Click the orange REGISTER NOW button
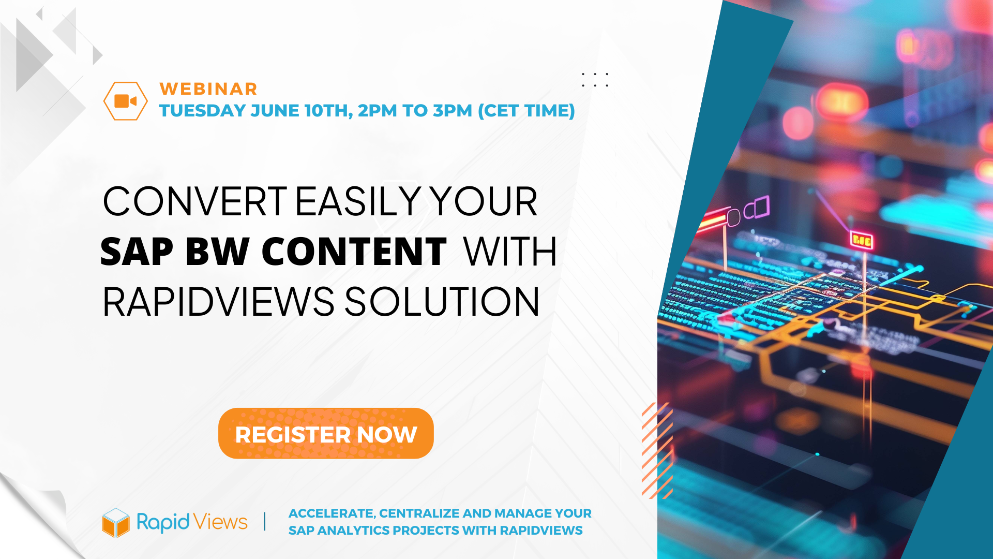tap(326, 433)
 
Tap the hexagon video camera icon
tap(126, 101)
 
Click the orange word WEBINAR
tap(208, 89)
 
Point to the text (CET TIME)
tap(526, 111)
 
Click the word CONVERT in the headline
tap(195, 201)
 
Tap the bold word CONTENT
tap(354, 252)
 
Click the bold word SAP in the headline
tap(137, 252)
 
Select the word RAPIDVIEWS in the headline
tap(219, 302)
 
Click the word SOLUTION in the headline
tap(442, 302)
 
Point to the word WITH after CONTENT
tap(510, 252)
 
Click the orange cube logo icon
tap(116, 522)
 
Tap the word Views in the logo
tap(221, 522)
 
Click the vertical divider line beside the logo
tap(265, 521)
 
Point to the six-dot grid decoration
tap(595, 80)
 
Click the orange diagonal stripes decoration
tap(657, 450)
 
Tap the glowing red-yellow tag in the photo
tap(862, 240)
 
